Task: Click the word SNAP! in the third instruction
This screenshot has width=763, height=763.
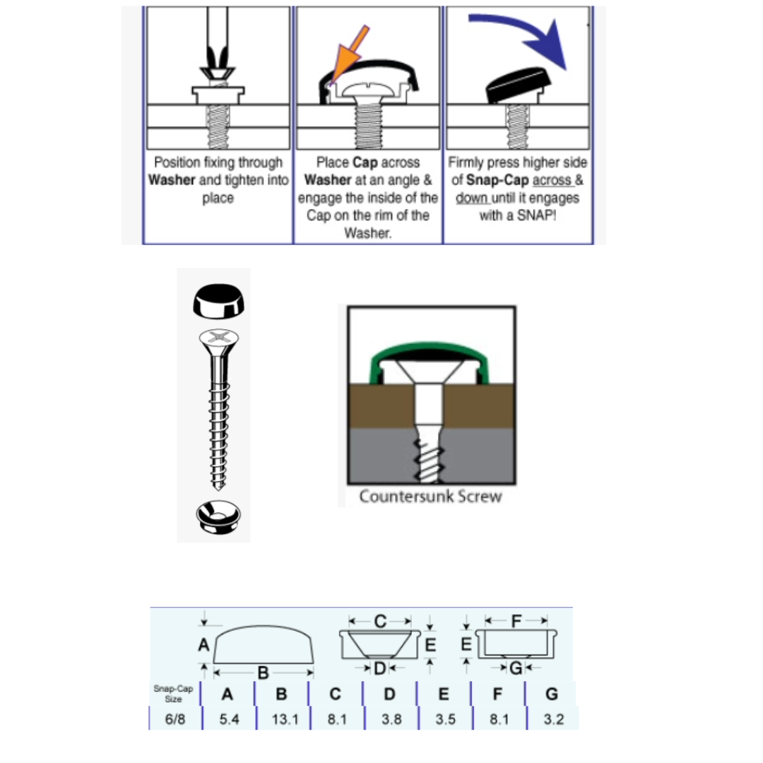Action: coord(536,215)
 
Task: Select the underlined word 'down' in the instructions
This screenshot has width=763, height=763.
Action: coord(471,198)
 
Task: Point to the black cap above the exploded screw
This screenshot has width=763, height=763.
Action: coord(218,301)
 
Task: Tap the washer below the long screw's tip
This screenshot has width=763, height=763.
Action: coord(218,516)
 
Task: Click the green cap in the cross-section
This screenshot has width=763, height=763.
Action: coord(429,351)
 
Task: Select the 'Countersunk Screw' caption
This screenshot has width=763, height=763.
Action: coord(430,497)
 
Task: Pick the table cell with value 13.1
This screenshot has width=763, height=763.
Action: coord(285,718)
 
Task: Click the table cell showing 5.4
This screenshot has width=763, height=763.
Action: coord(229,718)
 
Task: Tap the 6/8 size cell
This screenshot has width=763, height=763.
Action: coord(175,718)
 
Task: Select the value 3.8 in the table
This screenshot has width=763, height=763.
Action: coord(391,718)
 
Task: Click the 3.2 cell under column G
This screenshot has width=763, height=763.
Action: coord(553,718)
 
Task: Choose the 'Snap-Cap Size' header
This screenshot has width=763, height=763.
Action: coord(173,694)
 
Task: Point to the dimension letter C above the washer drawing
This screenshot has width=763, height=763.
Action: coord(380,621)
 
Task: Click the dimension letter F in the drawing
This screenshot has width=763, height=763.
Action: coord(516,620)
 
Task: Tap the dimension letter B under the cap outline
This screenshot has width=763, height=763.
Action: coord(263,673)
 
